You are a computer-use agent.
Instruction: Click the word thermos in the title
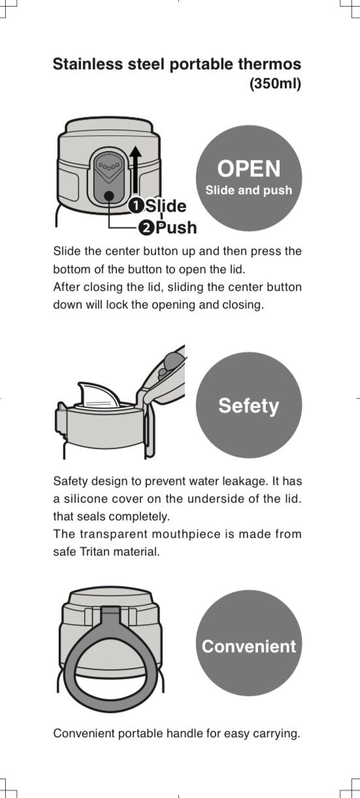coord(270,64)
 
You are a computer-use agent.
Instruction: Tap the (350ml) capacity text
coord(276,84)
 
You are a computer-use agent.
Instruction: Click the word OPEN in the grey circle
coord(249,169)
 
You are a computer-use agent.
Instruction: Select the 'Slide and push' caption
coord(248,190)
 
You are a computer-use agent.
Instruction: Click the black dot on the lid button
coord(109,195)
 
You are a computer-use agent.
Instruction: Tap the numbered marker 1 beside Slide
coord(136,207)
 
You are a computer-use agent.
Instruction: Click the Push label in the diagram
coord(176,228)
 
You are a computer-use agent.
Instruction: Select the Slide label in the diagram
coord(166,206)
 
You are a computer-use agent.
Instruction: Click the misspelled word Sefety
coord(248,406)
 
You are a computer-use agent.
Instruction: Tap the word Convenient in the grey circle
coord(248,646)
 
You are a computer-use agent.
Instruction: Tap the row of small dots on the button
coord(109,166)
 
